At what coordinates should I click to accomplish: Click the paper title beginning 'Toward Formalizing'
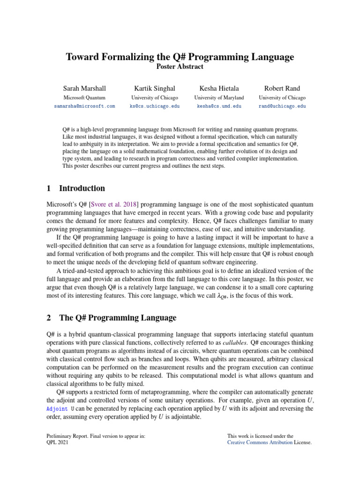pos(180,57)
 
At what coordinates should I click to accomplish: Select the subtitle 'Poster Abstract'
pos(180,67)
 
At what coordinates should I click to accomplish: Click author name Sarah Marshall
pos(84,88)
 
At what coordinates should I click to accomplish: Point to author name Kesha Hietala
pos(219,88)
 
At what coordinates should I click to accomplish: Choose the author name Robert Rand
pos(282,88)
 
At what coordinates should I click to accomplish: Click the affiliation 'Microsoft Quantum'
pos(84,98)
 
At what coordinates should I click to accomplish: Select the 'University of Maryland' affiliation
pos(219,98)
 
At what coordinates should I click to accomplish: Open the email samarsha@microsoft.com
pos(84,106)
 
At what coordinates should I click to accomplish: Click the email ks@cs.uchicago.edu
pos(154,106)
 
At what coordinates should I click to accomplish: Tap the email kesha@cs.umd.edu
pos(219,106)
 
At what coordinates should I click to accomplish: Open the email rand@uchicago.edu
pos(282,106)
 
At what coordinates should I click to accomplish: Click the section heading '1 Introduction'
pos(76,188)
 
